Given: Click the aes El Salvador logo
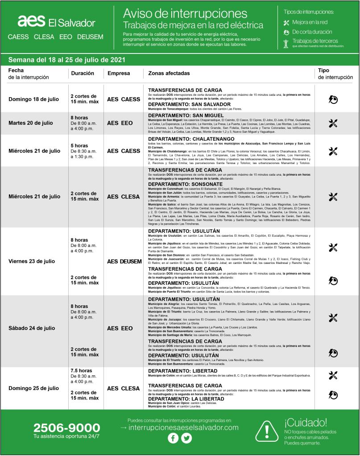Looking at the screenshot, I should click(x=56, y=22).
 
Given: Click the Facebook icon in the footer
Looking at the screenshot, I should click(x=173, y=439).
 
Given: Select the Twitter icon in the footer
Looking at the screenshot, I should click(x=186, y=439).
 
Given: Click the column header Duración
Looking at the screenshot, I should click(x=82, y=73).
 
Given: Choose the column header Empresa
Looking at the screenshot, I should click(x=119, y=73).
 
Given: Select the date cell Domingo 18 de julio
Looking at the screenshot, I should click(x=33, y=99).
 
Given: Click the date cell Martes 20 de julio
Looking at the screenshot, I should click(x=31, y=123).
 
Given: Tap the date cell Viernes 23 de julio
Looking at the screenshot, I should click(x=32, y=261).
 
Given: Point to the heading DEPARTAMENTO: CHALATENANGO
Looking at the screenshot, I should click(x=191, y=139).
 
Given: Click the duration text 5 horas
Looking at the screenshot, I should click(x=79, y=145).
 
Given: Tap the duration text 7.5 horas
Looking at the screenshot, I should click(x=81, y=370).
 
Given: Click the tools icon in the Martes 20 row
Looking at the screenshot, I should click(x=333, y=123).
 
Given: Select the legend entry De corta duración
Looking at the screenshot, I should click(x=312, y=32).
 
